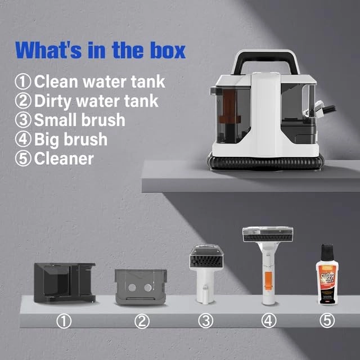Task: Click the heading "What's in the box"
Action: (x=101, y=49)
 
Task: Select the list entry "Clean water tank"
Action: (x=90, y=81)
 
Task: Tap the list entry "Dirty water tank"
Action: (x=87, y=101)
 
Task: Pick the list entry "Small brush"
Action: (x=70, y=120)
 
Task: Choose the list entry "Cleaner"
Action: (x=55, y=158)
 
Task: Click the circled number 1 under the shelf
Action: (x=65, y=321)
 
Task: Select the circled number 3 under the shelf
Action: (x=206, y=321)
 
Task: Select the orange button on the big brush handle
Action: (x=268, y=278)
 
